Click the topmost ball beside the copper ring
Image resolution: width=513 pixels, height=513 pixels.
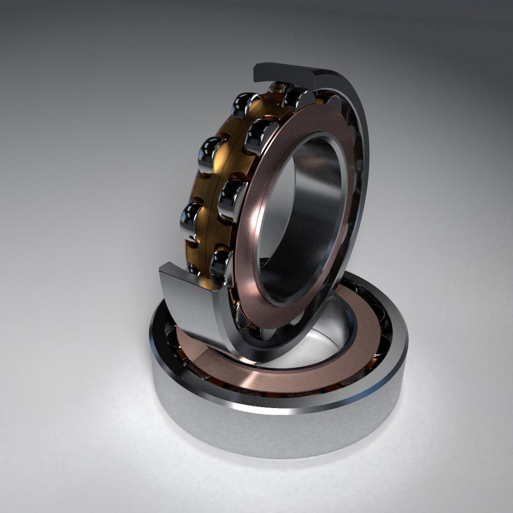[298, 99]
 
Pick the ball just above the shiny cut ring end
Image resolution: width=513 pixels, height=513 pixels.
[221, 264]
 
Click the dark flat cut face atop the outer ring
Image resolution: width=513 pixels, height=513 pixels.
[285, 74]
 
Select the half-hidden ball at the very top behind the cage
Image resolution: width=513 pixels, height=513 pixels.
[279, 87]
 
